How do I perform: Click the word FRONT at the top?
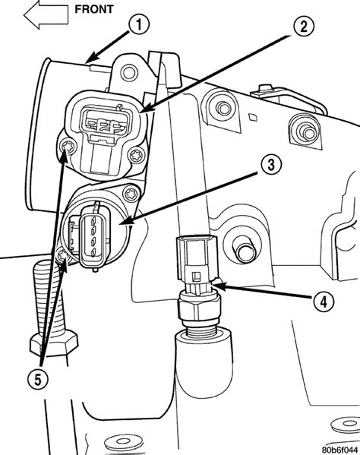(x=93, y=9)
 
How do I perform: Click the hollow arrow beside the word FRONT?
(x=46, y=14)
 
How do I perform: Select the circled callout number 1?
(x=139, y=24)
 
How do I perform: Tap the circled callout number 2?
(x=304, y=27)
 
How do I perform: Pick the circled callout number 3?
(x=271, y=165)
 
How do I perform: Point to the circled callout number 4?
(x=324, y=302)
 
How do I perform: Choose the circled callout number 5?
(x=38, y=379)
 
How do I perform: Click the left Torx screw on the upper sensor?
(x=68, y=147)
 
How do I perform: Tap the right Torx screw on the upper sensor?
(x=136, y=154)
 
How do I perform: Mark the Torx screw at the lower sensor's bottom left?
(x=63, y=257)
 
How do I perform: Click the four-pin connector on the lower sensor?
(x=93, y=237)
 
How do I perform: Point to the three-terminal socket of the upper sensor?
(x=106, y=121)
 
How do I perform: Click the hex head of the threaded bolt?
(x=54, y=343)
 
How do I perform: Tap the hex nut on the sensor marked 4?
(x=199, y=308)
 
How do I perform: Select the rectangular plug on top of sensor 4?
(x=197, y=260)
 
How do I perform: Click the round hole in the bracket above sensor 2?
(x=129, y=72)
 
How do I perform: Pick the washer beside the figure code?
(x=346, y=425)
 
